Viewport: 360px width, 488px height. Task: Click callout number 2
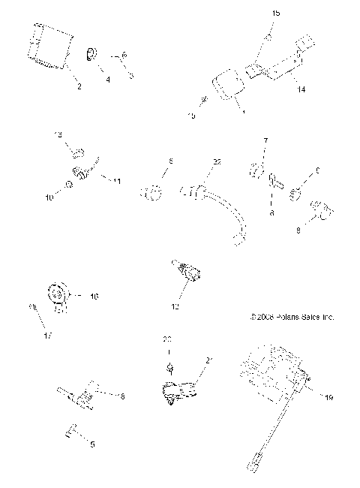click(79, 88)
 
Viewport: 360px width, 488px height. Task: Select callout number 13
click(59, 134)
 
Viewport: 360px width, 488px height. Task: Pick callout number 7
click(264, 140)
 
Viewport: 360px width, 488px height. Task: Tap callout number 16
click(94, 297)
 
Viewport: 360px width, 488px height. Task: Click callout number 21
click(209, 360)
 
